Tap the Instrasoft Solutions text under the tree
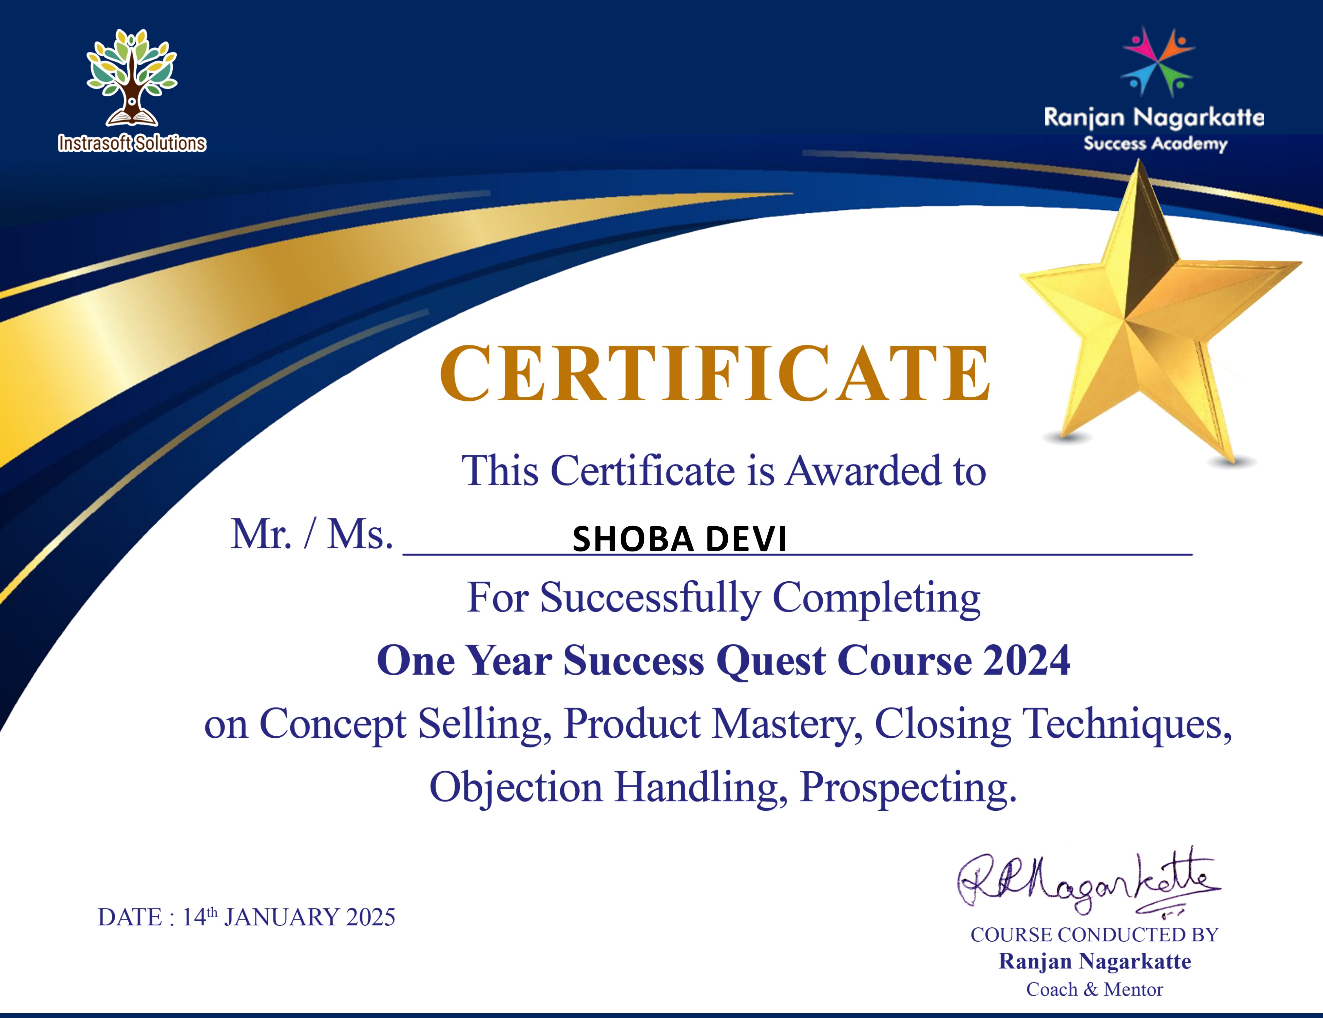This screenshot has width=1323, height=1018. pos(132,144)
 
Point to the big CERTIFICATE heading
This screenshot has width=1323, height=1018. pos(715,374)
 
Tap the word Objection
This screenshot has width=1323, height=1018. pos(516,788)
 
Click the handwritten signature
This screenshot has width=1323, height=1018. pos(1087,882)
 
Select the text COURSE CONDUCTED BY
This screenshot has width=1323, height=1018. pos(1094,935)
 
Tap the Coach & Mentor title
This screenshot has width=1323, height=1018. pos(1094,989)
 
